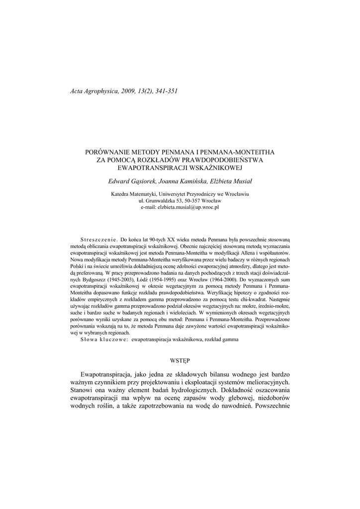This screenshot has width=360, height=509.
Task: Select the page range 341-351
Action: coord(166,91)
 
